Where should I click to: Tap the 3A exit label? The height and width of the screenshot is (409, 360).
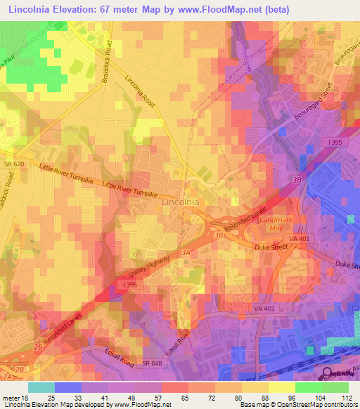(186, 251)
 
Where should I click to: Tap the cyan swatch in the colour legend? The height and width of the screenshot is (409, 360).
(41, 387)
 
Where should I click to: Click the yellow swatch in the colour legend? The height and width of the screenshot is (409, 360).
(281, 387)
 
